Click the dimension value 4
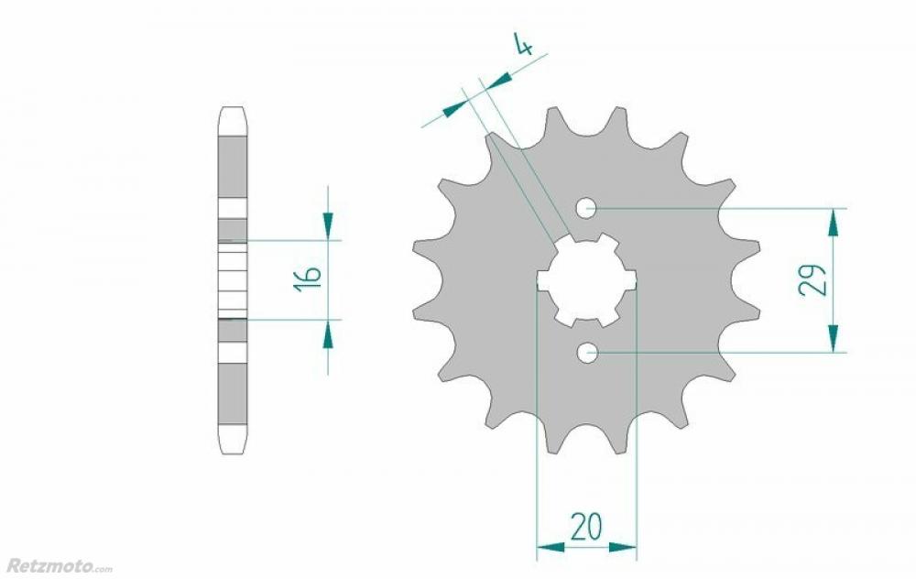point(523,44)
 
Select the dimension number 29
point(813,280)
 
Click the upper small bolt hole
point(586,207)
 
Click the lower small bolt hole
point(586,353)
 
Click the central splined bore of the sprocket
point(586,279)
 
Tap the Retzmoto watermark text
point(59,565)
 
